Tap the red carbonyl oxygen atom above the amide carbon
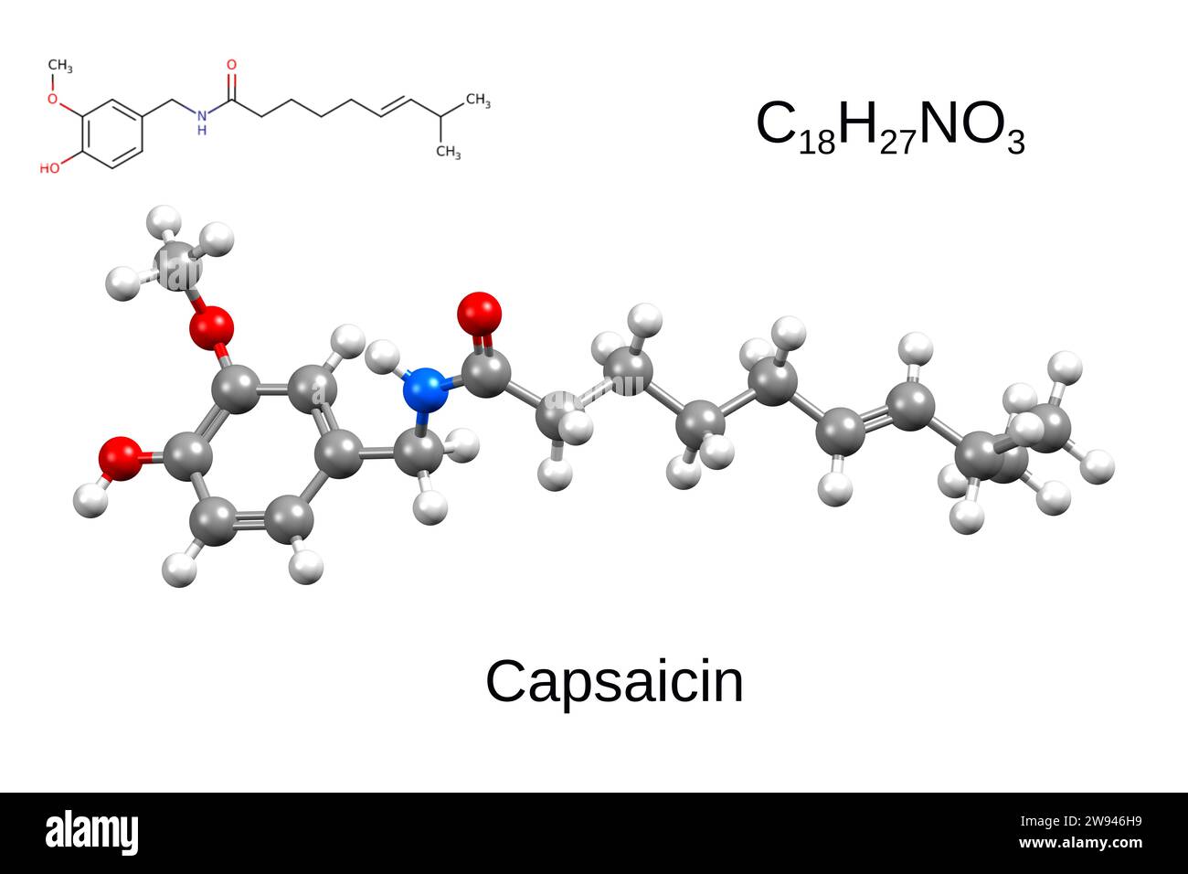(479, 313)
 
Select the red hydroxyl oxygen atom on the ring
(120, 456)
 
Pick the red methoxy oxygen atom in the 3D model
(213, 325)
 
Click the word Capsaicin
(614, 681)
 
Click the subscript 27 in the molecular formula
(899, 143)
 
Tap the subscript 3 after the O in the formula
(1015, 143)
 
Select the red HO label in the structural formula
(49, 169)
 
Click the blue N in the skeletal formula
(201, 116)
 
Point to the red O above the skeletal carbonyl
(231, 66)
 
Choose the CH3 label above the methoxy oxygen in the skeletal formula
(60, 66)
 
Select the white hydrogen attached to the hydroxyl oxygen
(88, 499)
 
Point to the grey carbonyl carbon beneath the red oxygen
(486, 372)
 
